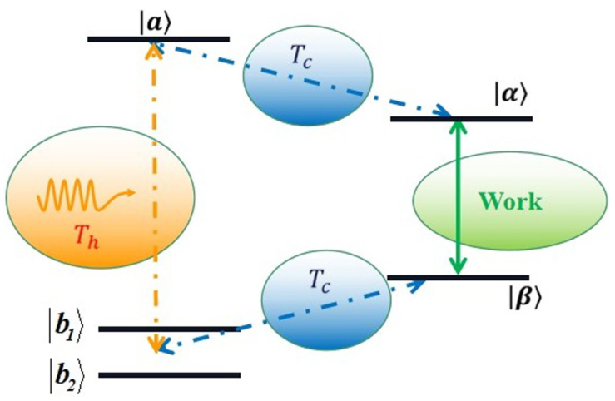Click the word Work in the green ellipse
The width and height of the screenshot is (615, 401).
pyautogui.click(x=508, y=201)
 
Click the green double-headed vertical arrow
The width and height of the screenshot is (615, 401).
pyautogui.click(x=456, y=198)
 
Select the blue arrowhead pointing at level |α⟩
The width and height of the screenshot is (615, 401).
pyautogui.click(x=446, y=114)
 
